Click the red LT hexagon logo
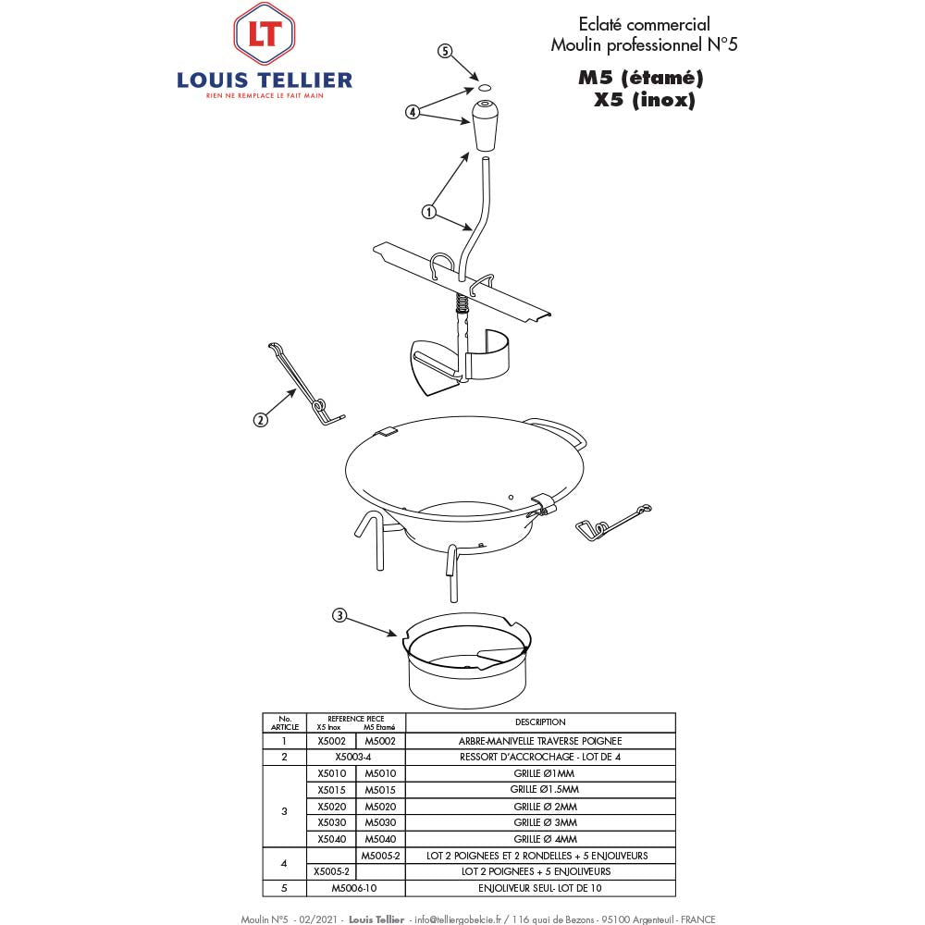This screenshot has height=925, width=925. coord(264,33)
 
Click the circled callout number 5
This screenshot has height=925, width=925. coord(445,52)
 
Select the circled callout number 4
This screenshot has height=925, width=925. coord(413,112)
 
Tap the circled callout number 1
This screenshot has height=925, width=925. coord(428,212)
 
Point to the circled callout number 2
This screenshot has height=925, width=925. coord(260,419)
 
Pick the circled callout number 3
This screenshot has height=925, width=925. coord(339,615)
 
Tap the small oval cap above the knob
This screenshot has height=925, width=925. coord(483,87)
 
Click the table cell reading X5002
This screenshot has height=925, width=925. coord(330,741)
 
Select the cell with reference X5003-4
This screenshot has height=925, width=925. coord(355,757)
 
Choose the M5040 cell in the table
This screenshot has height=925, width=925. coord(379,839)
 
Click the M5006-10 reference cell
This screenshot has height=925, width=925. coord(355,888)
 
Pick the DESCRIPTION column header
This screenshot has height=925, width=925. coord(540,721)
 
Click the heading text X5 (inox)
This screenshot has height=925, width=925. coord(644,101)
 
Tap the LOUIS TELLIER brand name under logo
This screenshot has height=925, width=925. coord(265,80)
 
